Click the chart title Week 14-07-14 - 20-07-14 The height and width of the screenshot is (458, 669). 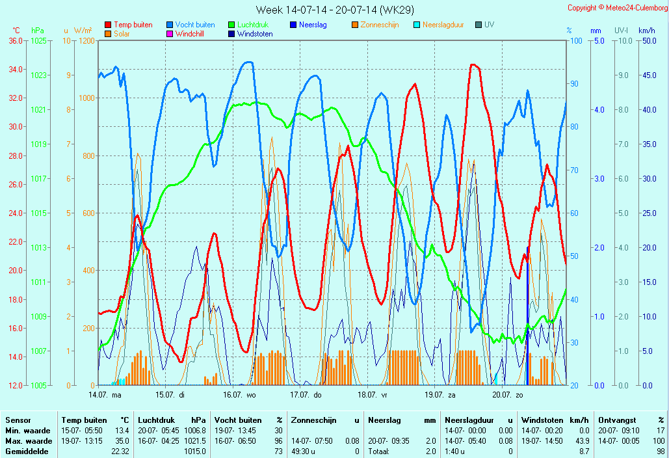click(334, 10)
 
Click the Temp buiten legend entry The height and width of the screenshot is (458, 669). click(133, 25)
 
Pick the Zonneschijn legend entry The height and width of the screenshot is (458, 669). click(379, 25)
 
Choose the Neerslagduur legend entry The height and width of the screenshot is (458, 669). click(443, 25)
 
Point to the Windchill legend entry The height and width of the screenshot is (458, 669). click(190, 34)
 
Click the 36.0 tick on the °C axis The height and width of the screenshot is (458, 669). click(16, 40)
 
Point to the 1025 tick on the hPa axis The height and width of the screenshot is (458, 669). click(38, 40)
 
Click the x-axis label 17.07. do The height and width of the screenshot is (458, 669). click(306, 394)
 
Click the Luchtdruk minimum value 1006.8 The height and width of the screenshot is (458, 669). click(195, 431)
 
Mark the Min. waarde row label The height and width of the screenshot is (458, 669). click(22, 431)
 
